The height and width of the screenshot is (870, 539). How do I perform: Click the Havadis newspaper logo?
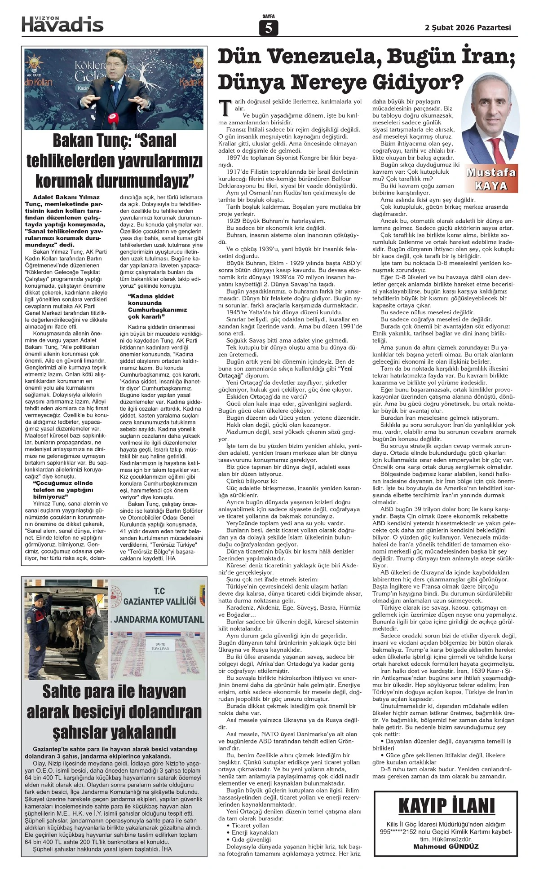click(x=62, y=24)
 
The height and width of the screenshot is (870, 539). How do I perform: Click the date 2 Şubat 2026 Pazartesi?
click(x=468, y=27)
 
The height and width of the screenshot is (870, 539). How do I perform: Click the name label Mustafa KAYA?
click(x=490, y=179)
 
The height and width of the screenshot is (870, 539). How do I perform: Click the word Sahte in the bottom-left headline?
click(x=65, y=692)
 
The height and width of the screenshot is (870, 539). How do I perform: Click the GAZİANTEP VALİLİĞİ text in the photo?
click(x=159, y=601)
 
